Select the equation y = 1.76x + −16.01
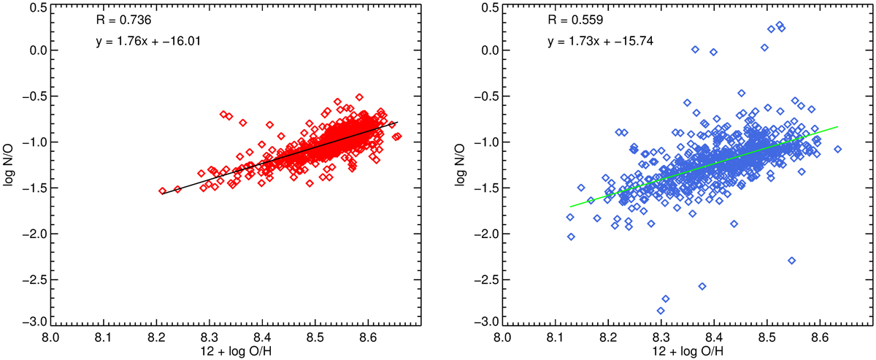(x=149, y=42)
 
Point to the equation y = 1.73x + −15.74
(x=601, y=42)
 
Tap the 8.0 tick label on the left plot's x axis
(x=50, y=338)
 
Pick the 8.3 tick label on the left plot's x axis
(x=209, y=338)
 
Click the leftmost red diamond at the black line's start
(x=162, y=191)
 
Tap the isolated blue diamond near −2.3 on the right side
(x=792, y=261)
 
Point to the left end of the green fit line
(x=570, y=207)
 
